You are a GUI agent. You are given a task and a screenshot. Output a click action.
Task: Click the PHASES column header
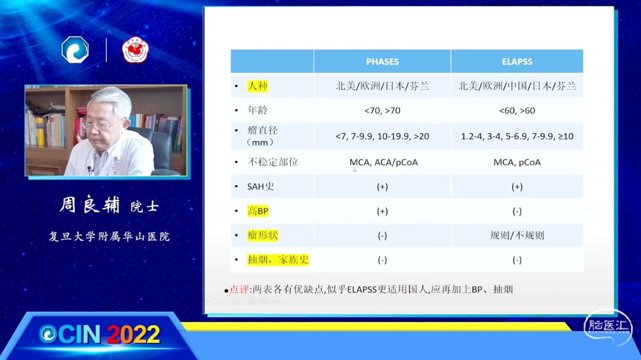pos(382,62)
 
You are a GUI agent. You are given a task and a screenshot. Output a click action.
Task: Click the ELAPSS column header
pos(517,62)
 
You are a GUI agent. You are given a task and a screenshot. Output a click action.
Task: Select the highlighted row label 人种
pos(258,86)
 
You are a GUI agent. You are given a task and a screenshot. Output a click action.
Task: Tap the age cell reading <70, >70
pos(382,111)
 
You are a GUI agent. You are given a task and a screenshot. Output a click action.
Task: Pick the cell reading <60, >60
pos(517,111)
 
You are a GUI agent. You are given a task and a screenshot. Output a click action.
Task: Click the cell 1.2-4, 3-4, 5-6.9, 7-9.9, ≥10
pos(517,136)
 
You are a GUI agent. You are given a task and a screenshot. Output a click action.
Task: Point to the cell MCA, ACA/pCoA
pos(383,163)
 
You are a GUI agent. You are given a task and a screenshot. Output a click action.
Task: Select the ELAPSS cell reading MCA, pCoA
pos(517,163)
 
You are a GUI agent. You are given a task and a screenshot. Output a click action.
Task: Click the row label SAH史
pos(261,187)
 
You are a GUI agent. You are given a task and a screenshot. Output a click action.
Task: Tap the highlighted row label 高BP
pos(258,211)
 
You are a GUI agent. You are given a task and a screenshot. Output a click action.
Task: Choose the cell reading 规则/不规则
pos(517,235)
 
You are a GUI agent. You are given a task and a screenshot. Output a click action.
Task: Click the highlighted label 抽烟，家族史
pos(278,260)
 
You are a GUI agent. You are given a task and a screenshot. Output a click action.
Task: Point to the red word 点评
pos(239,289)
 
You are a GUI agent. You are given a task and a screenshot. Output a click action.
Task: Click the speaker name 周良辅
pos(90,205)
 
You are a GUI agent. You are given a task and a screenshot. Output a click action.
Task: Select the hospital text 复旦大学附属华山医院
pos(109,237)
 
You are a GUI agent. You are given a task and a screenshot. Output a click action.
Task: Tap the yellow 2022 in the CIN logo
pos(134,335)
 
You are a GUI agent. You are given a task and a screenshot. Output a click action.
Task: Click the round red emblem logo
pos(135,50)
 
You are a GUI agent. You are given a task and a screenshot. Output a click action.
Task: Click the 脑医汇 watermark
pos(608,327)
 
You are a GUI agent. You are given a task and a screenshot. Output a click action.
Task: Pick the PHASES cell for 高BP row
pos(382,211)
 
